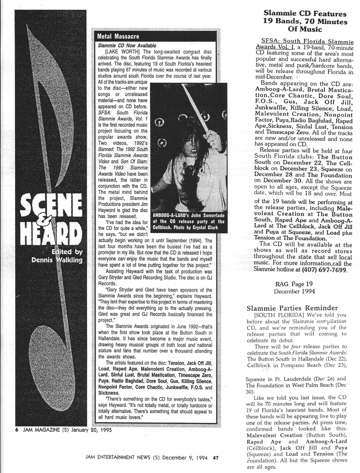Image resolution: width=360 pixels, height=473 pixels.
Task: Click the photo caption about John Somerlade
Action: point(189,221)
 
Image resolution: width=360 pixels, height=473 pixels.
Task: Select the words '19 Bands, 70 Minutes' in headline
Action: point(305,22)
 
